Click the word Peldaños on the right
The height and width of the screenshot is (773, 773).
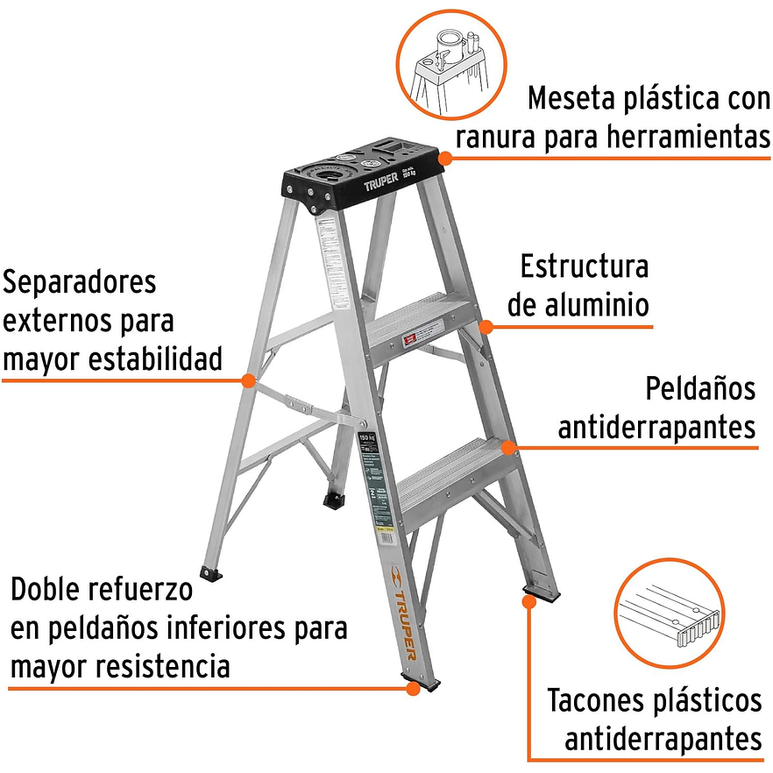699,389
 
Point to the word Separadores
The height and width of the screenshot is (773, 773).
81,282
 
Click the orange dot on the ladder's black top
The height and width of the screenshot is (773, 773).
444,159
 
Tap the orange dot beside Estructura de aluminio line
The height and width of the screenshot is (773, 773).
486,327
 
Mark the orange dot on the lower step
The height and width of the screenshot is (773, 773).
508,447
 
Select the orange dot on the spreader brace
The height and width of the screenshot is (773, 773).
249,381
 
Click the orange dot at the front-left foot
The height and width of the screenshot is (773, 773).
412,689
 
